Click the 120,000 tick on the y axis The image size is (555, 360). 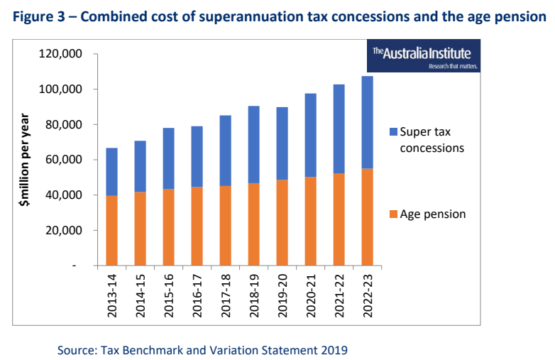pos(63,54)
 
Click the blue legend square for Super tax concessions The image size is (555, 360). pos(393,133)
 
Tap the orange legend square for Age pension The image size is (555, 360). pos(393,214)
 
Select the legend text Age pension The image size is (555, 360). pos(433,214)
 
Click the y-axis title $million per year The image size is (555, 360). pos(26,160)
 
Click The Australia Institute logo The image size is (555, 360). pos(425,56)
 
